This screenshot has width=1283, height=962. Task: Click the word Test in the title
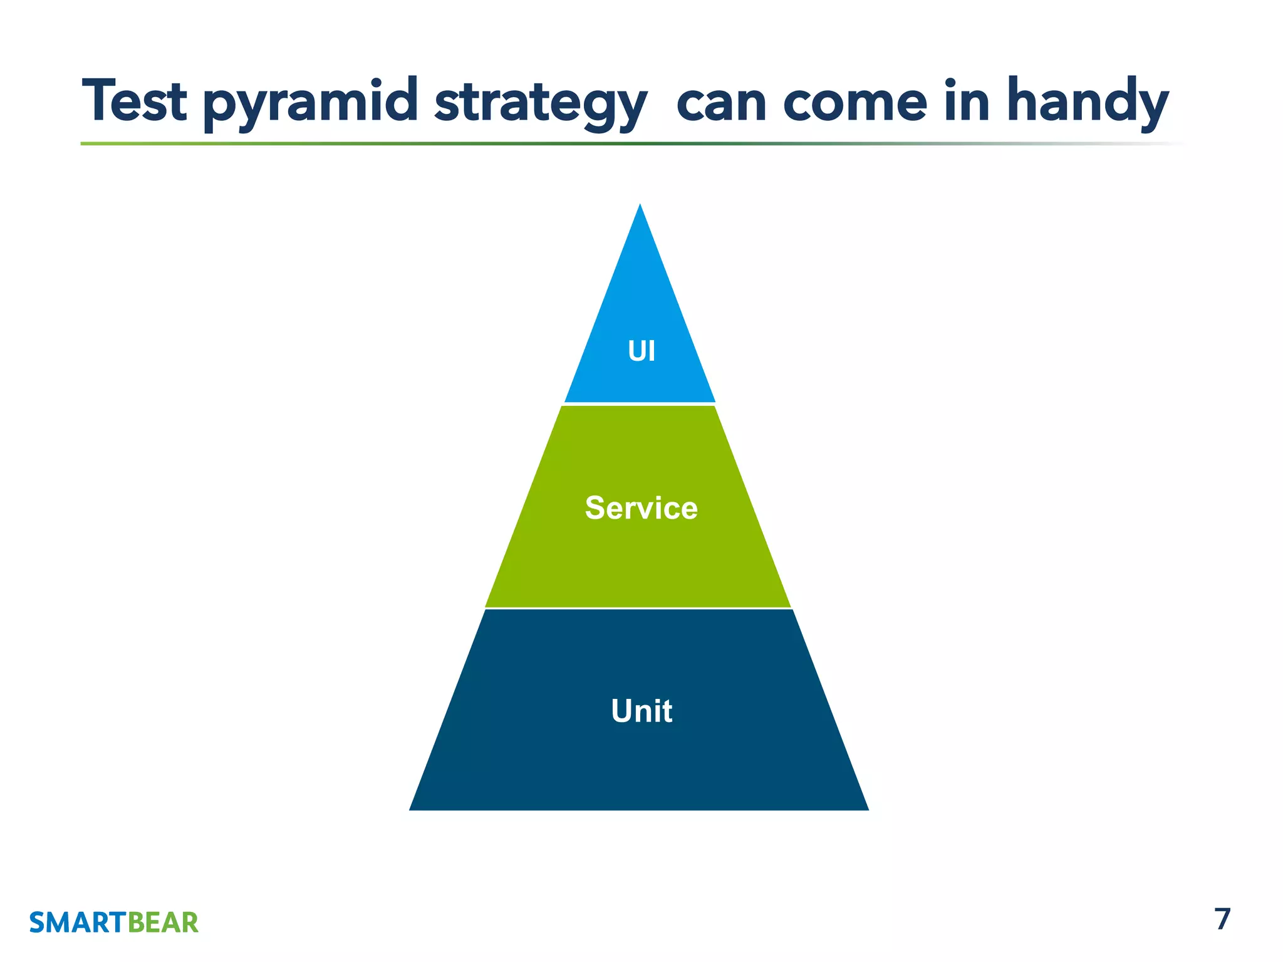tap(134, 101)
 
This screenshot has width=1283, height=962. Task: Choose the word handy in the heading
tap(1088, 101)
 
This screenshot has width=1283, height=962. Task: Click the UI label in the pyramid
tap(641, 351)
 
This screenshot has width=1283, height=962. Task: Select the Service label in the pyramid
tap(641, 508)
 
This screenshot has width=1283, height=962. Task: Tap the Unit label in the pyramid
tap(641, 711)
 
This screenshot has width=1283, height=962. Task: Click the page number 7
tap(1222, 919)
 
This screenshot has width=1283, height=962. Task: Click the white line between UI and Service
tap(639, 404)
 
